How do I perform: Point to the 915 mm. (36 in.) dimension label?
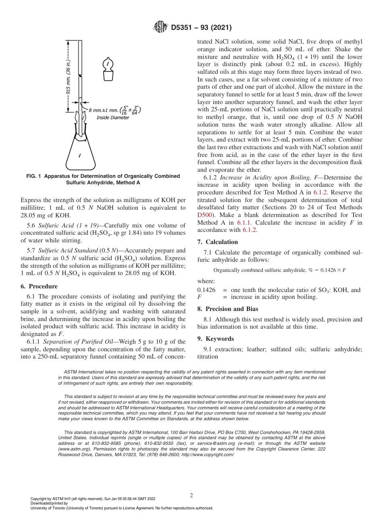point(69,77)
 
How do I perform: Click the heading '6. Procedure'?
point(39,286)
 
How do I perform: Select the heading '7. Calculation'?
point(218,242)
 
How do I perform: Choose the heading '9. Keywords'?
point(215,339)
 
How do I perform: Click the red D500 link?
point(204,215)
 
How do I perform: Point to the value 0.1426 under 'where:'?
point(206,290)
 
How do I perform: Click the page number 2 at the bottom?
point(191,496)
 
